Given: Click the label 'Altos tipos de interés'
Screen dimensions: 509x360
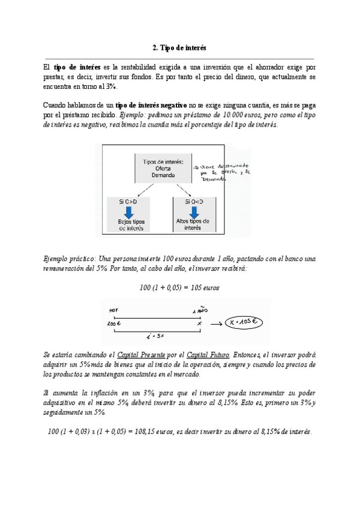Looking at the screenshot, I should point(193,224).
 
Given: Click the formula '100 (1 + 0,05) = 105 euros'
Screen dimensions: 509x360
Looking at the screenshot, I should point(179,288).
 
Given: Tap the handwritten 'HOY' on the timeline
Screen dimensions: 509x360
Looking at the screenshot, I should point(115,311).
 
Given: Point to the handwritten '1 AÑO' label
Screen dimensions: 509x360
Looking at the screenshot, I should point(199,312).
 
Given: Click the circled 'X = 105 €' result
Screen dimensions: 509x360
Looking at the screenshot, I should point(244,322).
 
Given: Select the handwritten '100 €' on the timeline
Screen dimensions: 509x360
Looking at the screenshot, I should point(115,323).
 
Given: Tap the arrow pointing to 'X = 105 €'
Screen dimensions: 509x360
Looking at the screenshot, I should point(214,322).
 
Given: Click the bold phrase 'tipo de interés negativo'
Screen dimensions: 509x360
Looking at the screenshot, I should point(151,104).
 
